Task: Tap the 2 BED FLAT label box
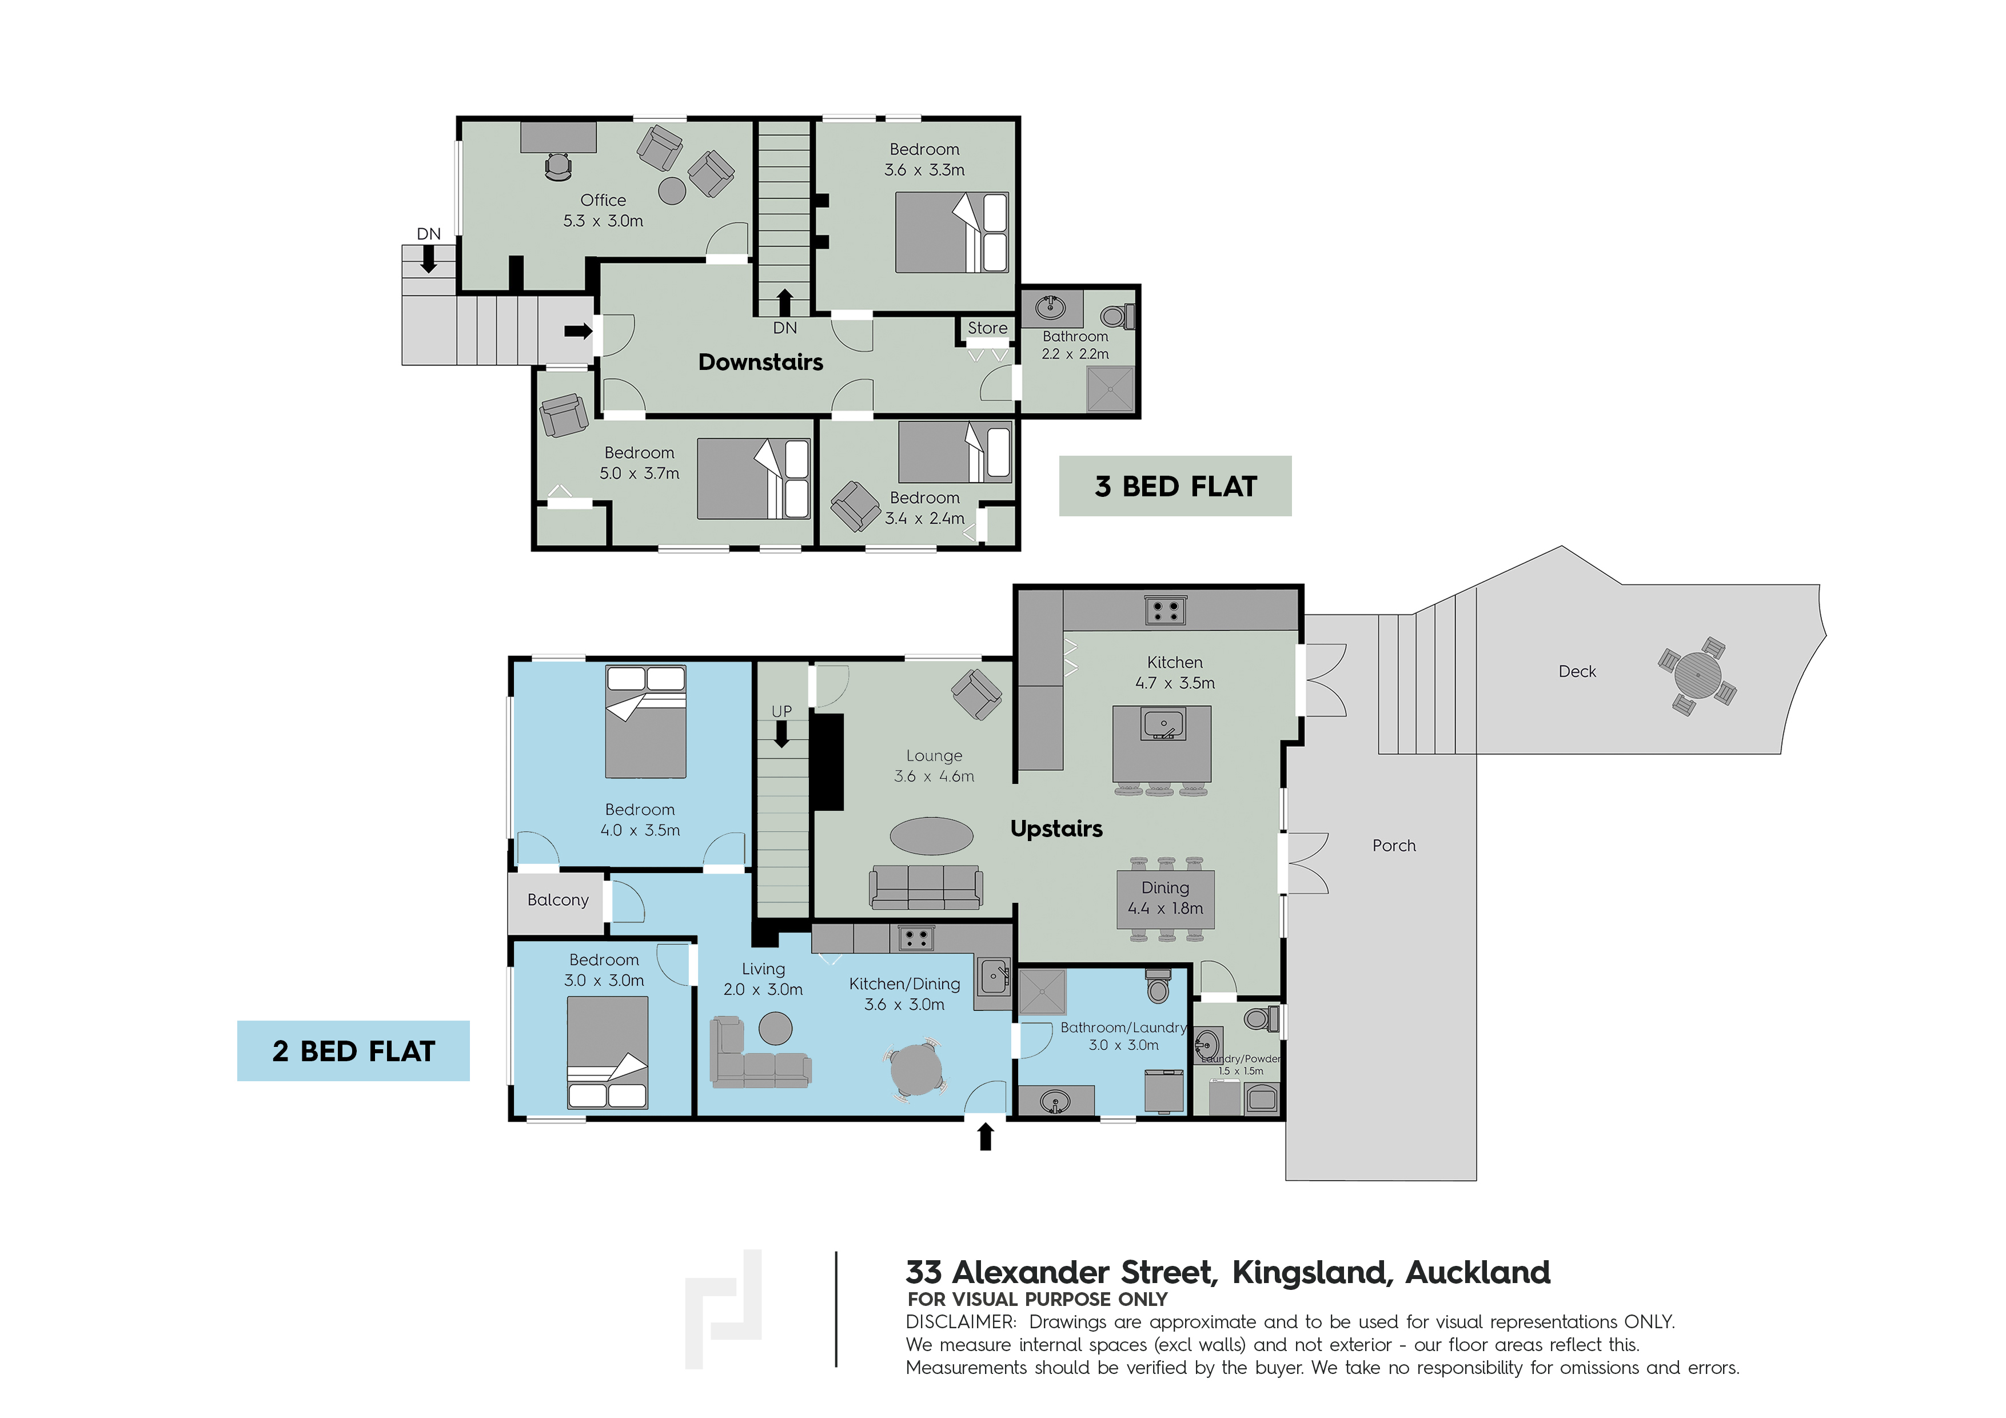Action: (353, 1051)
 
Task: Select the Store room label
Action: (987, 328)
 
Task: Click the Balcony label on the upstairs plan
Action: (557, 900)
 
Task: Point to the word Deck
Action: (1577, 671)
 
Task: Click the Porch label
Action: (1394, 845)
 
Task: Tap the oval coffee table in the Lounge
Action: (931, 835)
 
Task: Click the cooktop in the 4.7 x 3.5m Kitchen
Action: (1164, 611)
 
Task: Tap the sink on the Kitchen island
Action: (1163, 724)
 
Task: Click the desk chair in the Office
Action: (557, 167)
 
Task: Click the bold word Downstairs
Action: (760, 362)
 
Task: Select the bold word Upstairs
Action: (1056, 829)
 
